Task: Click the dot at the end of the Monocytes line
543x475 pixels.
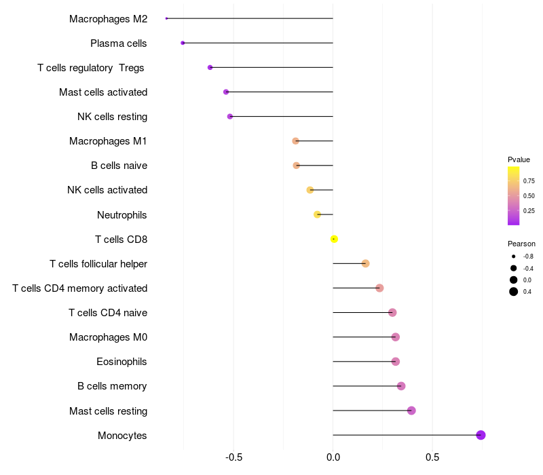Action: coord(481,435)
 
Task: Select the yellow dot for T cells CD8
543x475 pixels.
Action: coord(334,239)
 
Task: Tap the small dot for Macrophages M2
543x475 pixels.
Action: coord(166,18)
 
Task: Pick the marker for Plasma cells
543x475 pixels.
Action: coord(183,43)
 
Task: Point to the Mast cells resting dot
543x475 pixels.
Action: coord(411,411)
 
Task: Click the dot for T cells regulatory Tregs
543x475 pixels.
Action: coord(210,67)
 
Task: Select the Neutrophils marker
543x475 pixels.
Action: coord(317,214)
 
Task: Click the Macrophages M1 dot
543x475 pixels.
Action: coord(295,141)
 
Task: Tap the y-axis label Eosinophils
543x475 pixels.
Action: coord(121,362)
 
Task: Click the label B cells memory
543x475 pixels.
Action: coord(112,386)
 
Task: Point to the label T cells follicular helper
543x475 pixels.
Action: coord(98,263)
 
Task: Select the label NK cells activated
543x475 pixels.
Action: coord(107,190)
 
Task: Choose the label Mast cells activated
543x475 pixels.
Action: coord(103,92)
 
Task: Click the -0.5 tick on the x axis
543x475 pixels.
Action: coord(233,457)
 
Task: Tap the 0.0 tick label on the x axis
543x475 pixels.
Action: coord(333,457)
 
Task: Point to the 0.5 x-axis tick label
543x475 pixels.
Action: coord(432,457)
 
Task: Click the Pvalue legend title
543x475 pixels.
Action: coord(519,159)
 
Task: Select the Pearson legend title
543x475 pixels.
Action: coord(521,244)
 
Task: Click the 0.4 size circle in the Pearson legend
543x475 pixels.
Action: coord(514,292)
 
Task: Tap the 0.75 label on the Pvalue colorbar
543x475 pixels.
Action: coord(529,181)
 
